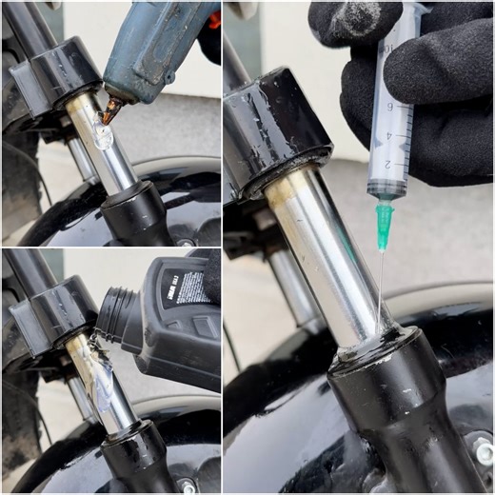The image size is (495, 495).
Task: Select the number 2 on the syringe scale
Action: [x=386, y=164]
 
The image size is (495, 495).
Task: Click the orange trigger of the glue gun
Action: [x=214, y=19]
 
